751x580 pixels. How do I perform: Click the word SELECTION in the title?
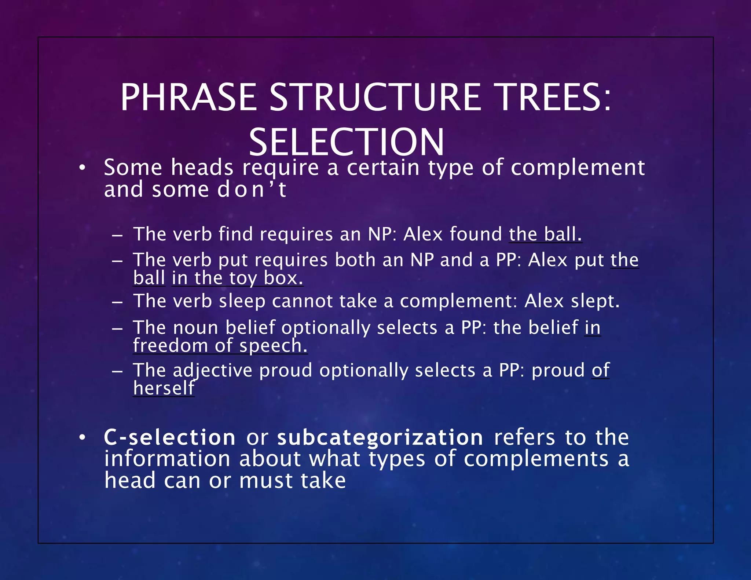coord(346,142)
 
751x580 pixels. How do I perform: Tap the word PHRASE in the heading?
coord(188,98)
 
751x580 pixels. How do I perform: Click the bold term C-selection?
coord(169,437)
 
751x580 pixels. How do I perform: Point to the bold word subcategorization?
coord(380,437)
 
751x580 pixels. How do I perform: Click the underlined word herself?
coord(164,388)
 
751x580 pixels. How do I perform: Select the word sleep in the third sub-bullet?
coord(242,301)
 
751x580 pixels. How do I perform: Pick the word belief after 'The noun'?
coord(250,327)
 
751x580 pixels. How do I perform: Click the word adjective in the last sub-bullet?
coord(213,370)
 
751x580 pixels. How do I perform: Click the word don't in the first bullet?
coord(252,190)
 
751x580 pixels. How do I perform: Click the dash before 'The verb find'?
coord(117,235)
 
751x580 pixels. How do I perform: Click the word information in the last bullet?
coord(167,459)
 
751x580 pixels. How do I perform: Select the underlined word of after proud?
coord(600,370)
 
